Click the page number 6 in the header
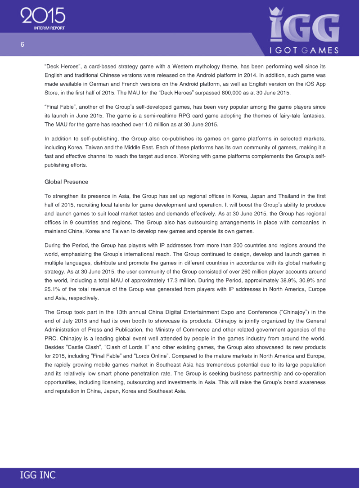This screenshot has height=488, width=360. point(22,45)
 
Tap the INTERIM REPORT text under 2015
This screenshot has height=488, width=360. point(49,28)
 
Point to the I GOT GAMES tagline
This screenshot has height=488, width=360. point(304,50)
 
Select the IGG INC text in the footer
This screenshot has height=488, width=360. point(38,475)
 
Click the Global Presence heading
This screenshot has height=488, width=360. point(67,182)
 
